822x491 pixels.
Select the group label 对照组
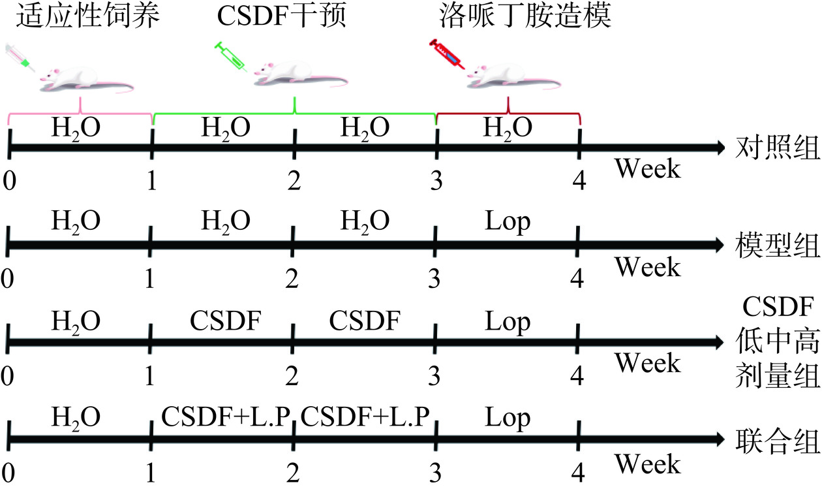(777, 148)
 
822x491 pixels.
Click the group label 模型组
(777, 246)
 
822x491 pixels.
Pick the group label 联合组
(777, 442)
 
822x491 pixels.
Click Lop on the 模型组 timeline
(508, 223)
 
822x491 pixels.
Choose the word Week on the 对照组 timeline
(648, 170)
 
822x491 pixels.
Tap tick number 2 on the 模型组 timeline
(292, 279)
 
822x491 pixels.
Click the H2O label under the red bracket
(508, 127)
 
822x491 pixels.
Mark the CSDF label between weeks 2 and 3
(365, 321)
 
